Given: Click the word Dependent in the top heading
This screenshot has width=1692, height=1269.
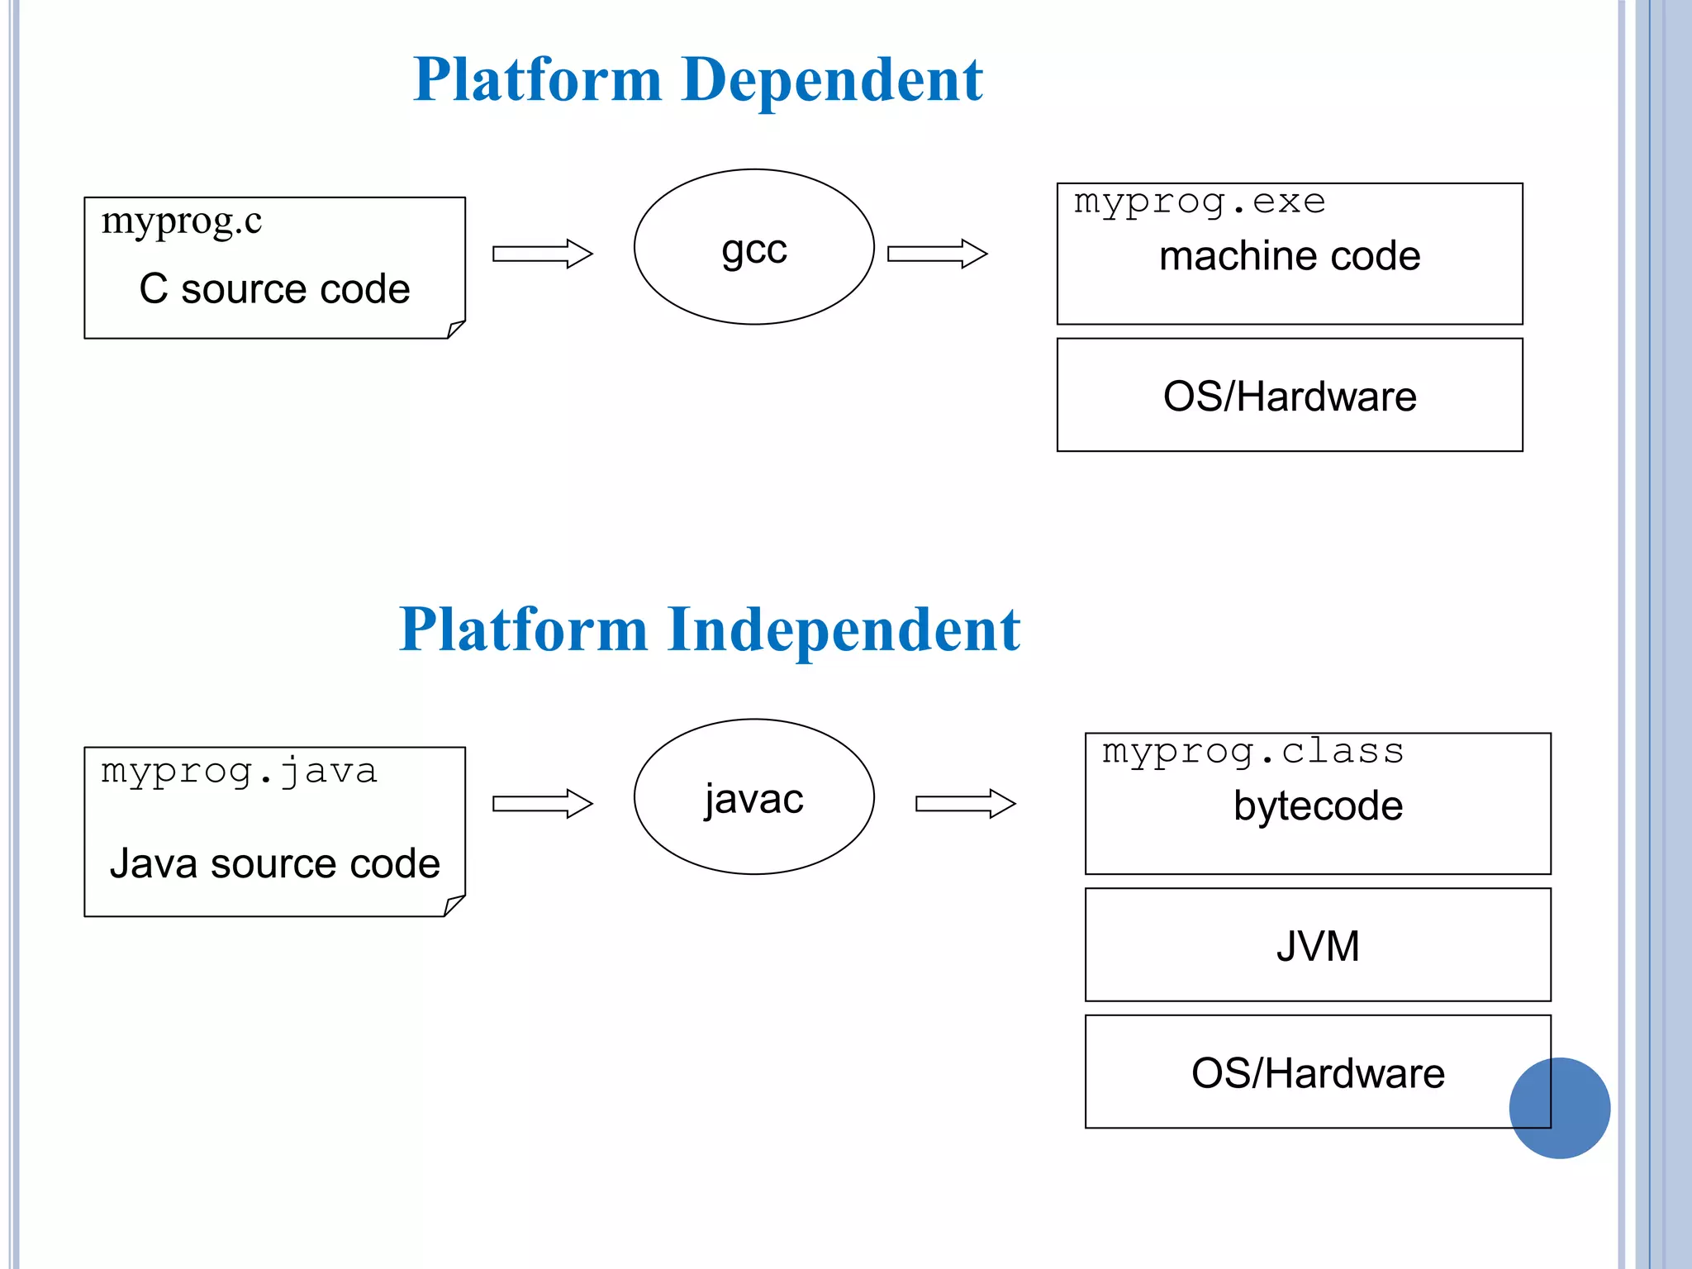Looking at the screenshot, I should tap(833, 80).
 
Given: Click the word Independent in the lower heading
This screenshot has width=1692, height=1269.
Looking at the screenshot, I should tap(844, 630).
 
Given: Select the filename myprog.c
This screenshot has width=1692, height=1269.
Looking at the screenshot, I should tap(181, 221).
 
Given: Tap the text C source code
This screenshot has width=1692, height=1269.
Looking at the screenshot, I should tap(274, 289).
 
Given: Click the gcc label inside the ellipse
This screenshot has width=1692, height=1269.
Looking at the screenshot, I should tap(753, 249).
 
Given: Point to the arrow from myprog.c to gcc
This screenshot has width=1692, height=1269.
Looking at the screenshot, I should tap(543, 254).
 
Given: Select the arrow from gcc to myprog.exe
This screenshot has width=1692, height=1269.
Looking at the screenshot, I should tap(937, 254).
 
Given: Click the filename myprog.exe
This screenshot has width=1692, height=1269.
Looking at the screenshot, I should tap(1199, 202).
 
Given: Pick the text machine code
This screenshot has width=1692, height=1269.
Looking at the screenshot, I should tap(1289, 256).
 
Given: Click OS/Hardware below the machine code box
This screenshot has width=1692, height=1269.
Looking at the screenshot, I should tap(1289, 397).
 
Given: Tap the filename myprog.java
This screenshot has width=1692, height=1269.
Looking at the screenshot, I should tap(239, 772).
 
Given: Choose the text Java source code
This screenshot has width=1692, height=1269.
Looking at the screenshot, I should tap(274, 864).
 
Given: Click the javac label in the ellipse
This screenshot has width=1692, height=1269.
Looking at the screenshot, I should tap(753, 799).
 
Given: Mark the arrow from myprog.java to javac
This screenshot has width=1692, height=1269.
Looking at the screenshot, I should tap(543, 803).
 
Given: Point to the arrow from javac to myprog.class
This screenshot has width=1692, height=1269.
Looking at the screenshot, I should tap(965, 803).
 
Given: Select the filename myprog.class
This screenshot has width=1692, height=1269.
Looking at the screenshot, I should tap(1252, 752).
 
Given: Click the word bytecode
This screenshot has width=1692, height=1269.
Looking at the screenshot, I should tap(1318, 806).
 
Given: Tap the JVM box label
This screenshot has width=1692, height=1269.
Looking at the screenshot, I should tap(1318, 946).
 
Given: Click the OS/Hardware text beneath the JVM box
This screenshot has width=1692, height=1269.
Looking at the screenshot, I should tap(1318, 1073).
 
